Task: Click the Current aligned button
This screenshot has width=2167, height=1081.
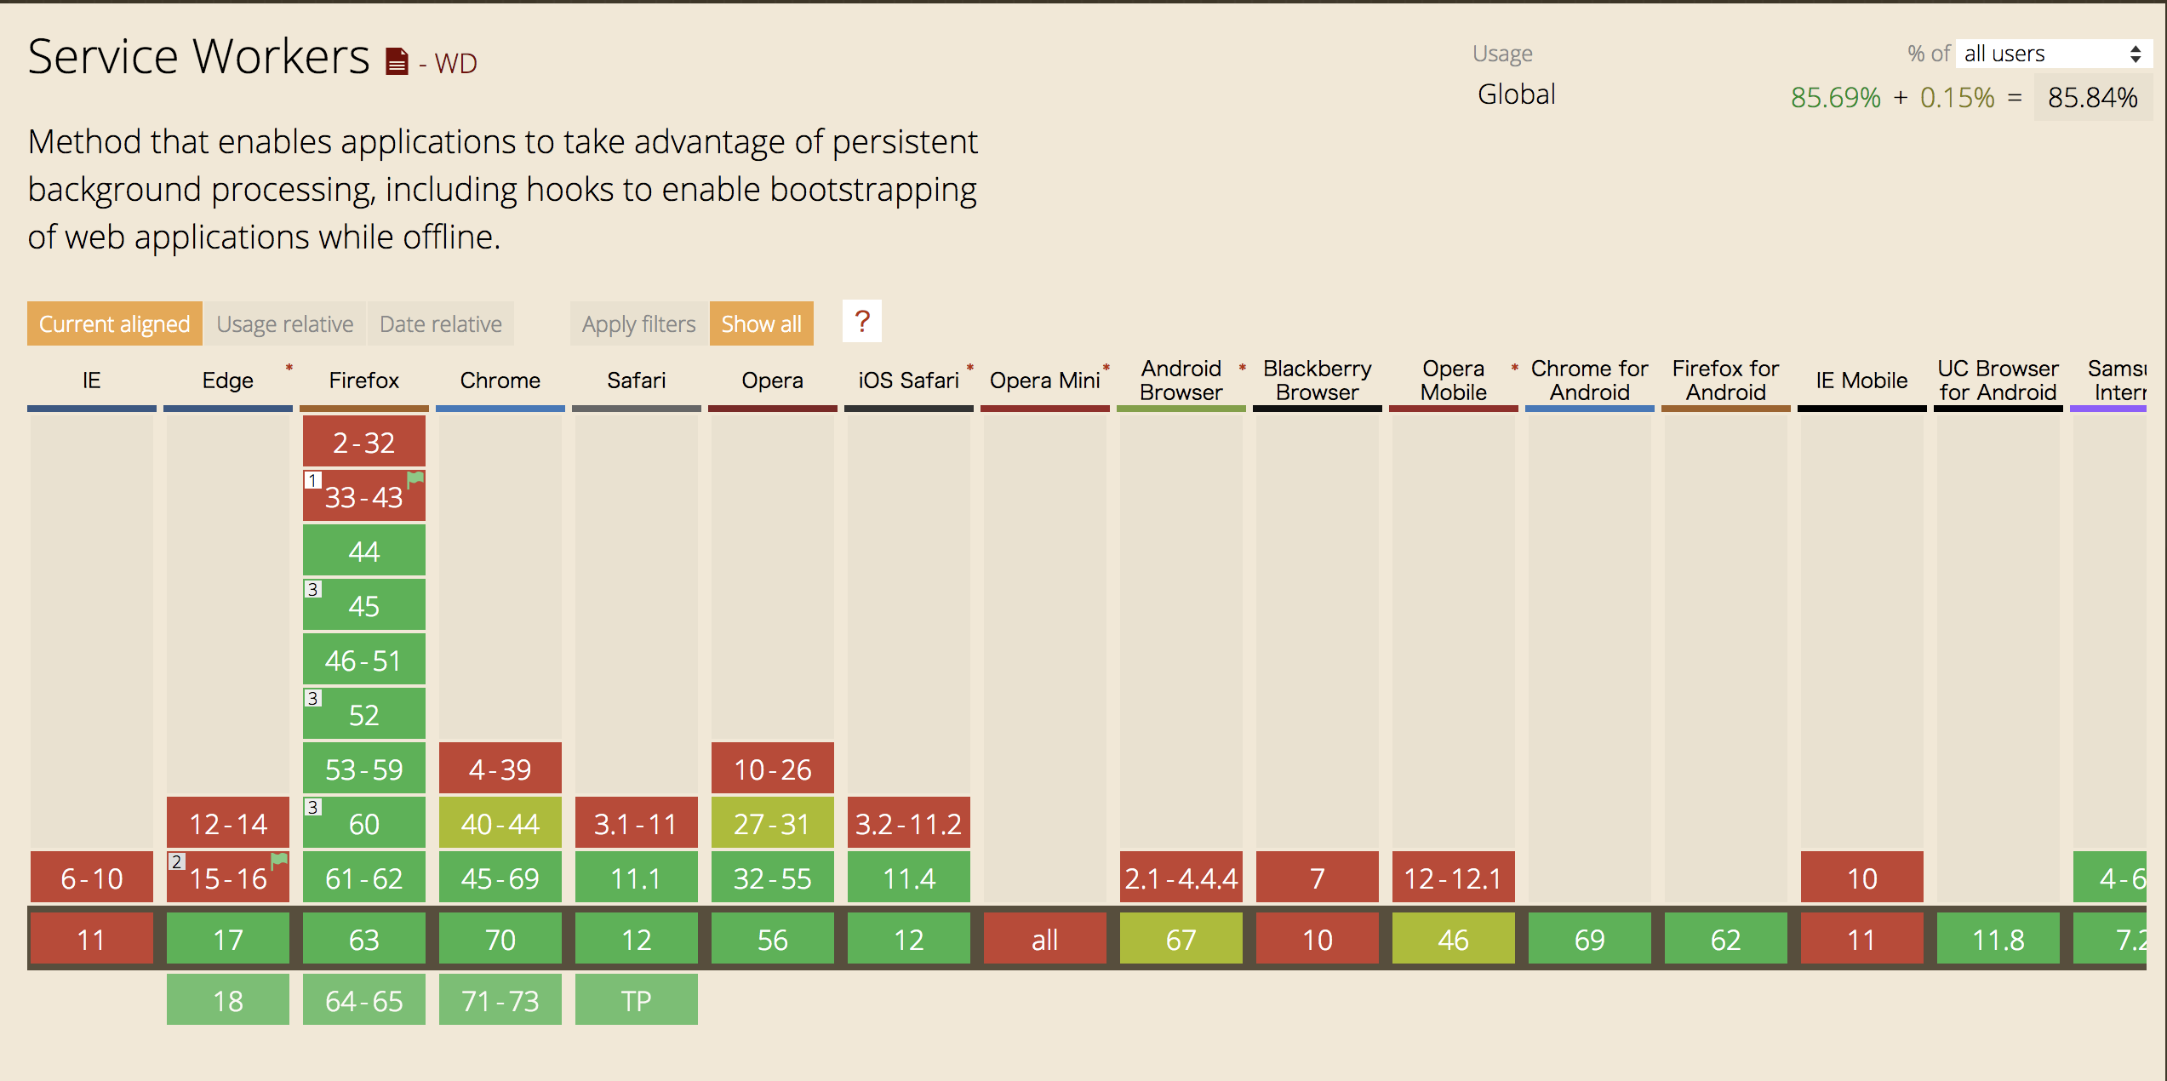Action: pyautogui.click(x=114, y=323)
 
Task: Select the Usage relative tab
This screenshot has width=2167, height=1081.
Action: pyautogui.click(x=284, y=323)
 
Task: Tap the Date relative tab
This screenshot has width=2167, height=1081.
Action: pyautogui.click(x=440, y=323)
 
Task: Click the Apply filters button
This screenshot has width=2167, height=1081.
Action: pyautogui.click(x=638, y=323)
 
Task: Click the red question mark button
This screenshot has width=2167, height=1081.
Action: pyautogui.click(x=861, y=322)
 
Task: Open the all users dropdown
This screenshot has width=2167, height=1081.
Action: pyautogui.click(x=2052, y=54)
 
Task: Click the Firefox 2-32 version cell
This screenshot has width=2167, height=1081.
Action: pyautogui.click(x=363, y=443)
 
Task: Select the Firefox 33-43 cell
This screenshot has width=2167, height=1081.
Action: pyautogui.click(x=363, y=497)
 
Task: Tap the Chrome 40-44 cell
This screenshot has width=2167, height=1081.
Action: pyautogui.click(x=500, y=823)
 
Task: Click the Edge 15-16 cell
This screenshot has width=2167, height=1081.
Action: pyautogui.click(x=227, y=878)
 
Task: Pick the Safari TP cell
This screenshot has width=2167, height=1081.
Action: pyautogui.click(x=636, y=1000)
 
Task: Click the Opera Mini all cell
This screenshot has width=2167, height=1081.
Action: pyautogui.click(x=1044, y=939)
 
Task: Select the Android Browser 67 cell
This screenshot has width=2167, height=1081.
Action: pyautogui.click(x=1181, y=939)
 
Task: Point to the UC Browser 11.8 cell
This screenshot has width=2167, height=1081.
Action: pyautogui.click(x=1998, y=939)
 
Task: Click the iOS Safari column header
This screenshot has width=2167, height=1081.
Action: pyautogui.click(x=908, y=380)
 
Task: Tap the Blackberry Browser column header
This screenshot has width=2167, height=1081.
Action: pyautogui.click(x=1317, y=380)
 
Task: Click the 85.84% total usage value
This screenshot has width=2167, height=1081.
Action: pyautogui.click(x=2092, y=97)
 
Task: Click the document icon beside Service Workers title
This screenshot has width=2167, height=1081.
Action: pyautogui.click(x=397, y=61)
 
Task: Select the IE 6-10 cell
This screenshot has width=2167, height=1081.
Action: pyautogui.click(x=91, y=878)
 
